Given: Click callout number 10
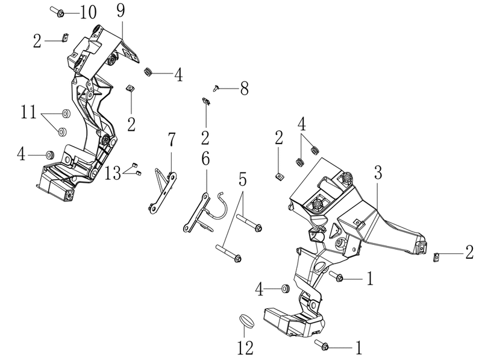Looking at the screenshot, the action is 88,13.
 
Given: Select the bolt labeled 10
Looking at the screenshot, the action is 57,11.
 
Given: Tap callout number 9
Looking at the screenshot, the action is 121,11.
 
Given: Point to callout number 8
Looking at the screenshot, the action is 244,89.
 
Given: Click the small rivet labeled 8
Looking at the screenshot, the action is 216,88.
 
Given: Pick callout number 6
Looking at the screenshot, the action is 205,159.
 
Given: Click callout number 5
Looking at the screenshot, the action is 243,179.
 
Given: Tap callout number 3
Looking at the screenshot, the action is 378,172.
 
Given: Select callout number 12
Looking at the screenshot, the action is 245,348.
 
